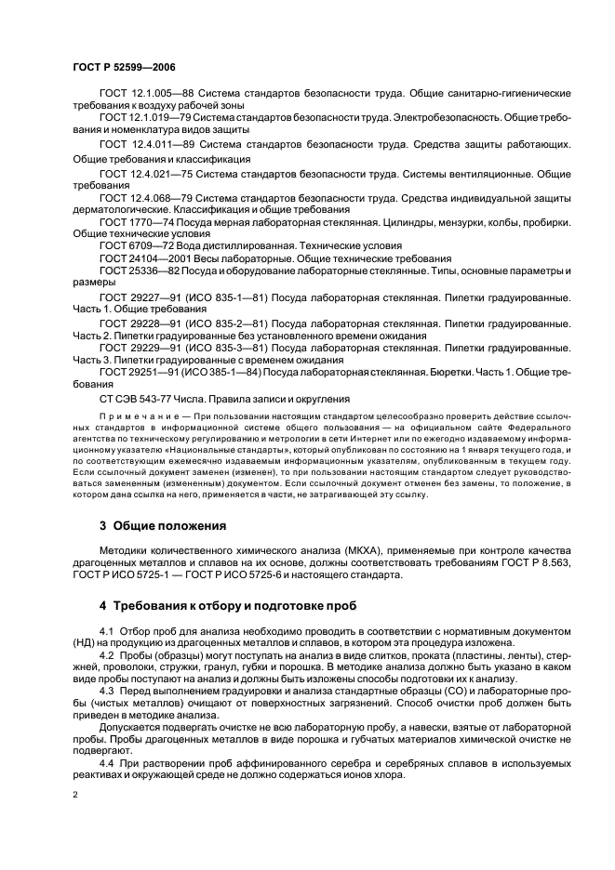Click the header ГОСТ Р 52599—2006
(123, 68)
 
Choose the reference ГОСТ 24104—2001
(138, 258)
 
